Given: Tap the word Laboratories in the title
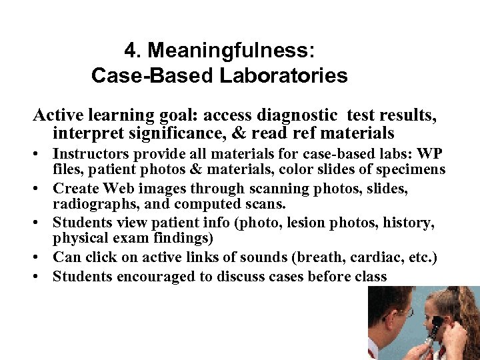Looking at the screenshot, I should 283,76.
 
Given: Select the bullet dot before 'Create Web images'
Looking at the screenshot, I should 41,189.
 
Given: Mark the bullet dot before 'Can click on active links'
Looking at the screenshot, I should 41,258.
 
